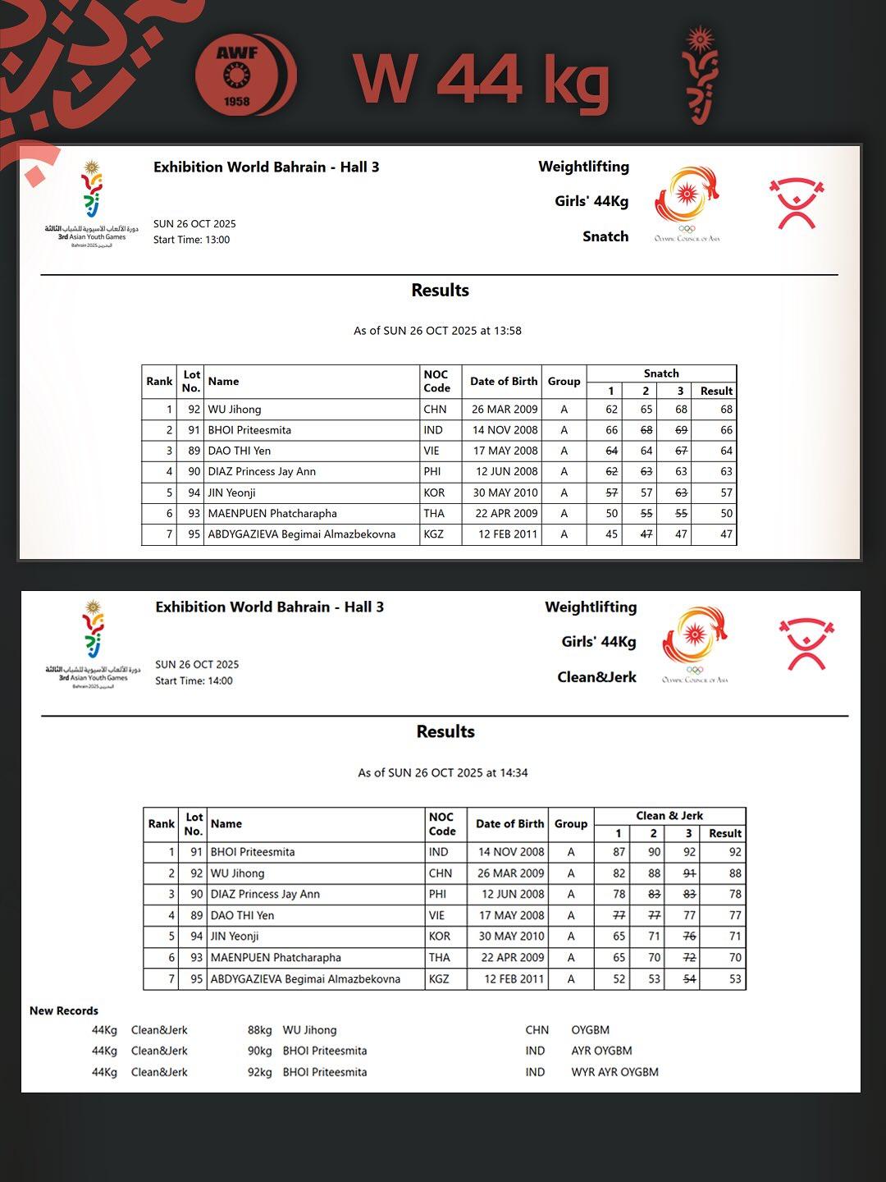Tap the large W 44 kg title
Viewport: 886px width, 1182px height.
[482, 80]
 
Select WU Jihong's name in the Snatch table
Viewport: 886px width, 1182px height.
[235, 409]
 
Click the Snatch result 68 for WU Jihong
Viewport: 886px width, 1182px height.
[725, 409]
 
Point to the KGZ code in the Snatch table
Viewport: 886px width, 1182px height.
[434, 534]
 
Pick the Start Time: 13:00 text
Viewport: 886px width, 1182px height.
[191, 240]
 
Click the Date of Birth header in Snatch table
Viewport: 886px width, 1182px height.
[504, 381]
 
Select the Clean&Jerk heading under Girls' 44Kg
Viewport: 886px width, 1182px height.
[596, 677]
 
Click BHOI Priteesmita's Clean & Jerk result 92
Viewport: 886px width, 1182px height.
[734, 852]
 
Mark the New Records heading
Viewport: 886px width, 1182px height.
[64, 1010]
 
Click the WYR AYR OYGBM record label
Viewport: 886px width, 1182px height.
[614, 1072]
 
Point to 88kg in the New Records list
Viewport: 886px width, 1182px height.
[260, 1030]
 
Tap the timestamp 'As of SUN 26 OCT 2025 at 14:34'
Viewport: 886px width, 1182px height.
[443, 772]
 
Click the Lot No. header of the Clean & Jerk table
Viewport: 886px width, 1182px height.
[194, 823]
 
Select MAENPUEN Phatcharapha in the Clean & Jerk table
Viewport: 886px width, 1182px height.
[276, 957]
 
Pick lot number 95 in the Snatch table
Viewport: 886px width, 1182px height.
[194, 534]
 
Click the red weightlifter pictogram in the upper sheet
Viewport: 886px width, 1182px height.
[796, 203]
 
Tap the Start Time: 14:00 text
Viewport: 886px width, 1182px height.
[194, 680]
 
